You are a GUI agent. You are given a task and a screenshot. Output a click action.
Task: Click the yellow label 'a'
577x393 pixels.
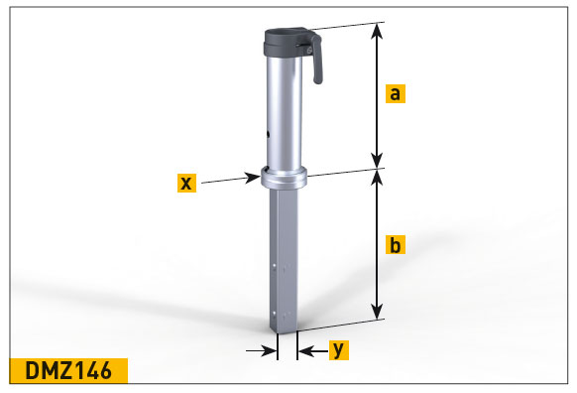396,93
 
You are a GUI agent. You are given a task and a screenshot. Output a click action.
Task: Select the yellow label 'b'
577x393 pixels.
396,244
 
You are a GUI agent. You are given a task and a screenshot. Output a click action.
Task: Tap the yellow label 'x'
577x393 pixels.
187,183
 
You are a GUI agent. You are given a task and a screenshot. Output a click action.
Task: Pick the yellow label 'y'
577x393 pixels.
338,350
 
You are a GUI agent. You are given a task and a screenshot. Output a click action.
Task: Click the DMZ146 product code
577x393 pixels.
68,370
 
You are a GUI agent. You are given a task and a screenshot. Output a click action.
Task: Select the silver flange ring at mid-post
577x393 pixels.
284,178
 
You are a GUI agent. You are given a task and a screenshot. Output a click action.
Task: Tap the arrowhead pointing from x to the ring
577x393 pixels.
253,178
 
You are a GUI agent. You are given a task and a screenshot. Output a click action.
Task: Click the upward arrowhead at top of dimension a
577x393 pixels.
377,31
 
